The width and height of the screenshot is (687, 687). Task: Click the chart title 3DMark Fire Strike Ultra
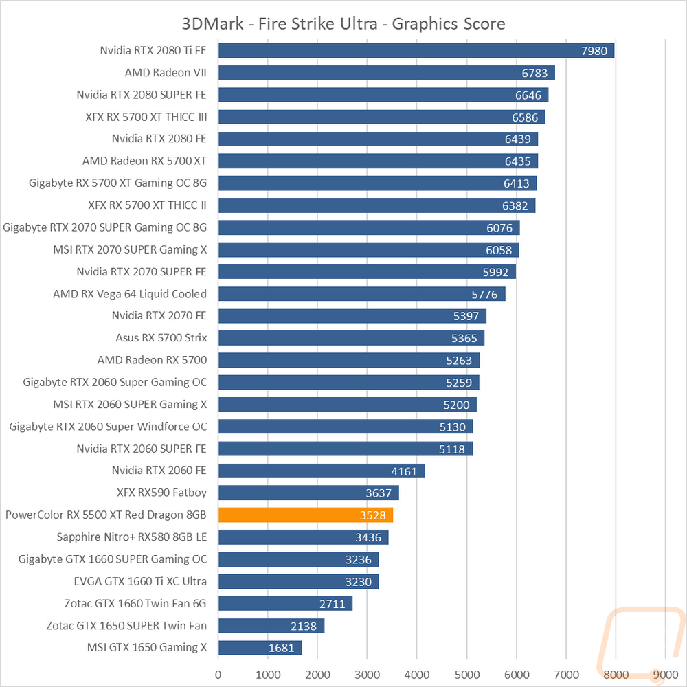click(x=343, y=24)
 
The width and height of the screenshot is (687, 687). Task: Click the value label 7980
click(x=594, y=50)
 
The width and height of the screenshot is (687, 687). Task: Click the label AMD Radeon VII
click(x=166, y=72)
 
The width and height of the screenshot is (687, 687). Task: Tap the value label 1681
click(x=282, y=648)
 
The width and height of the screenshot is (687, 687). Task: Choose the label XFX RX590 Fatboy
click(x=162, y=493)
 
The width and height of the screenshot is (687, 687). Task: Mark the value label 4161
click(x=405, y=471)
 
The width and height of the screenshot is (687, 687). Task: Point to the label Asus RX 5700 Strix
click(x=161, y=338)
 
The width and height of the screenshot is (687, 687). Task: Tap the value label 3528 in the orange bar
click(x=373, y=515)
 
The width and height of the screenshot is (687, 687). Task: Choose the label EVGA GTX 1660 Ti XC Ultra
click(x=140, y=581)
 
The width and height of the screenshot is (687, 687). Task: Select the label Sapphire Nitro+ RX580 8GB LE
click(x=132, y=537)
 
